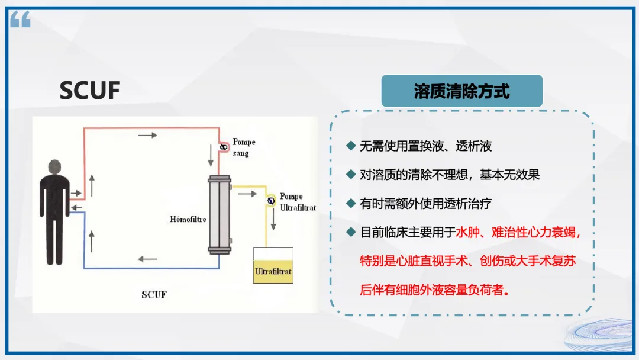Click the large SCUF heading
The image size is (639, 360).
tap(89, 91)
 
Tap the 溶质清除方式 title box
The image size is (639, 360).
tap(461, 91)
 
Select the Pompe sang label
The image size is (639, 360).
tap(243, 147)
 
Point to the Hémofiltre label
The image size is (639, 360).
tap(188, 219)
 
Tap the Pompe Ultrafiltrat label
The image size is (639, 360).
tap(298, 202)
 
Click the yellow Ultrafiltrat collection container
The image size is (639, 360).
tap(273, 265)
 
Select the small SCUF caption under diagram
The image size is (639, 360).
tap(154, 294)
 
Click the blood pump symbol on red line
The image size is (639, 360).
tap(224, 146)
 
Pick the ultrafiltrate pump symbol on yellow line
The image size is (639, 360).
tap(271, 201)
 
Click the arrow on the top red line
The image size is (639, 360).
tap(147, 136)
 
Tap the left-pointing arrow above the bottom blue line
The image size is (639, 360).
tap(147, 259)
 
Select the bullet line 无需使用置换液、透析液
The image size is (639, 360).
tap(425, 146)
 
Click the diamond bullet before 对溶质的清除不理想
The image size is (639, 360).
tap(351, 175)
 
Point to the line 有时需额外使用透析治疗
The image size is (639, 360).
tap(425, 203)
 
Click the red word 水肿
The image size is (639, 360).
tap(466, 232)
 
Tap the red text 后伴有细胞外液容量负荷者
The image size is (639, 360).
tap(435, 290)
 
